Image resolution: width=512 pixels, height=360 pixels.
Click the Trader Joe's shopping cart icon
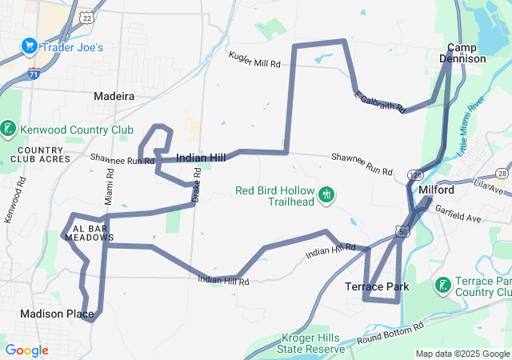pos(30,47)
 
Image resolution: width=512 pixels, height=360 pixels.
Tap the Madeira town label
pos(114,95)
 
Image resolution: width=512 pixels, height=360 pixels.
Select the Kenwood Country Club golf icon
pos(9,129)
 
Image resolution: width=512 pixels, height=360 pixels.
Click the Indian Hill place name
pos(200,158)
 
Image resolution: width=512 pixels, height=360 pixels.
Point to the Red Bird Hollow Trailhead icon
pos(326,194)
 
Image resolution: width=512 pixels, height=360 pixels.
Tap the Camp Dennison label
pos(466,54)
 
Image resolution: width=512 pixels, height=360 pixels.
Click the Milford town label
pos(437,190)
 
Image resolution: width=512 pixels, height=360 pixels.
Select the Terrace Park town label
pos(377,286)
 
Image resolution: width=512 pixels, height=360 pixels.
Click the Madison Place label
pos(57,314)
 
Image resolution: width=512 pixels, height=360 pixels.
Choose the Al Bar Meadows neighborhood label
pos(89,232)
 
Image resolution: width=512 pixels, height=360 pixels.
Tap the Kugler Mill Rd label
pos(255,60)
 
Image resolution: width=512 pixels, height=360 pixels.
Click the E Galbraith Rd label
pos(380,102)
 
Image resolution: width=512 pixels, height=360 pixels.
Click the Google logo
pos(26,350)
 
